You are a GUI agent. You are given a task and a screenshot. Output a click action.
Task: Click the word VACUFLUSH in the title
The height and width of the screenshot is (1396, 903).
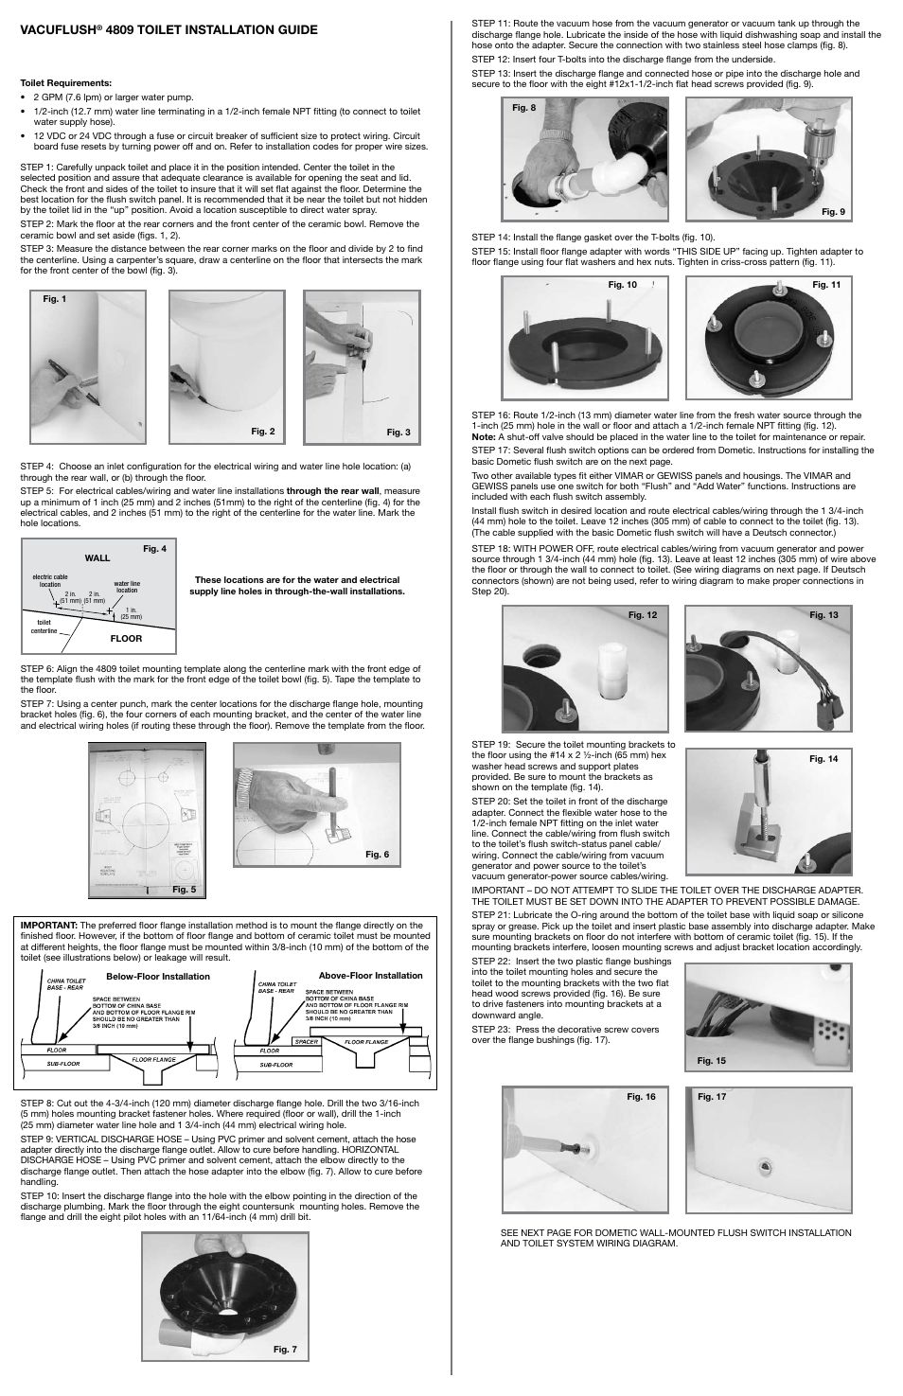60,29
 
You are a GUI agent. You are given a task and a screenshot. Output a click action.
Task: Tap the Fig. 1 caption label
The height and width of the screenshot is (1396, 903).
54,298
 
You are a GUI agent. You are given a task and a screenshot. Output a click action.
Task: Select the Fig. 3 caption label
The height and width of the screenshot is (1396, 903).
398,433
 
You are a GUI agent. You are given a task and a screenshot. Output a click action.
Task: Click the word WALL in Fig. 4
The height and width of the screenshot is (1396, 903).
97,558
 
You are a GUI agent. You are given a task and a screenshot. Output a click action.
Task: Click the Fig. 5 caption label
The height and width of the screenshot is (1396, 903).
184,889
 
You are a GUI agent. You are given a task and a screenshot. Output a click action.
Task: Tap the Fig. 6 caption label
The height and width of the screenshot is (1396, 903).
377,855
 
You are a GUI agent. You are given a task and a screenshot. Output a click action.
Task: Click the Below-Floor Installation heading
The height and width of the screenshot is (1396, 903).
158,976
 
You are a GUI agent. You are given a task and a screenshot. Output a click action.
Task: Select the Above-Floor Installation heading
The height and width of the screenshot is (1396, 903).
370,975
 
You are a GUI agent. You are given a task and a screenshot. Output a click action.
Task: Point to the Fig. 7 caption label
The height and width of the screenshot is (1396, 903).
285,1349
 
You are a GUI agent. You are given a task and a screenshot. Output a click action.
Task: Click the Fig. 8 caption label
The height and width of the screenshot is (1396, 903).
523,108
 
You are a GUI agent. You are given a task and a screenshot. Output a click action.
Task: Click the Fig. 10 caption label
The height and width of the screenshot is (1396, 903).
622,285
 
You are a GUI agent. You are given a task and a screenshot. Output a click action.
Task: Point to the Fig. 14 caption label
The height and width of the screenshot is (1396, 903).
823,758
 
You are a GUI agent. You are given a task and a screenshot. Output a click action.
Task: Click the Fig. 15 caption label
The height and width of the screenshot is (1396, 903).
711,1060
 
